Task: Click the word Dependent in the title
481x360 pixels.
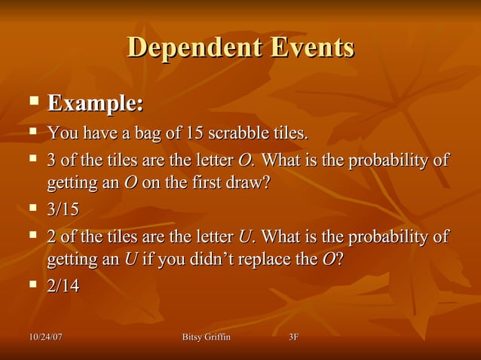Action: point(187,47)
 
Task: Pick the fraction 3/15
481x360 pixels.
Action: point(63,209)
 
